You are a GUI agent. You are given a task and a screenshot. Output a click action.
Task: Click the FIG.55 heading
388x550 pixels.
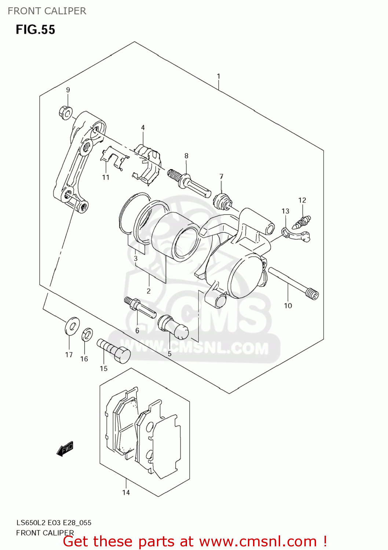click(35, 30)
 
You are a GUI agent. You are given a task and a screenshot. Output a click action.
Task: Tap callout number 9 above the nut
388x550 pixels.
click(68, 90)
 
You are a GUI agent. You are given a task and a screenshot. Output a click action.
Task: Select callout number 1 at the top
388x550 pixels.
click(219, 76)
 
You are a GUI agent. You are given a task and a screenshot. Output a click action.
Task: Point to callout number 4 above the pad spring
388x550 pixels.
click(143, 128)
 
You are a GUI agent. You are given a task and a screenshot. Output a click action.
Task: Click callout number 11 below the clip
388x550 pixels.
click(106, 177)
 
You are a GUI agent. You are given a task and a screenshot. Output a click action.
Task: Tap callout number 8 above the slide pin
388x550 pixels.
click(186, 156)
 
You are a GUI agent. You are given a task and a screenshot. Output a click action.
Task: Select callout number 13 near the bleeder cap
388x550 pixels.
click(285, 211)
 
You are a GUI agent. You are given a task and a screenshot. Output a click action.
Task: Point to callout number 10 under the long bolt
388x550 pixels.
click(288, 306)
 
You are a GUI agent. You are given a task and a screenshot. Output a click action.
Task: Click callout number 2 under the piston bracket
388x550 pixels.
click(149, 291)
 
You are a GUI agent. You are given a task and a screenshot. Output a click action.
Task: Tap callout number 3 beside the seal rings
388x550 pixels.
click(136, 258)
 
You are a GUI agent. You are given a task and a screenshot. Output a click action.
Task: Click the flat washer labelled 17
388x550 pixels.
click(72, 326)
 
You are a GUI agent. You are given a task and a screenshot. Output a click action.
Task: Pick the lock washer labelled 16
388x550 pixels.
click(87, 334)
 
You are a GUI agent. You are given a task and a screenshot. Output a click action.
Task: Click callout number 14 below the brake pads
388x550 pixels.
click(126, 492)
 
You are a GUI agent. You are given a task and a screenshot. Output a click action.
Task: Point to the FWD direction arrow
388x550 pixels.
click(65, 448)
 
